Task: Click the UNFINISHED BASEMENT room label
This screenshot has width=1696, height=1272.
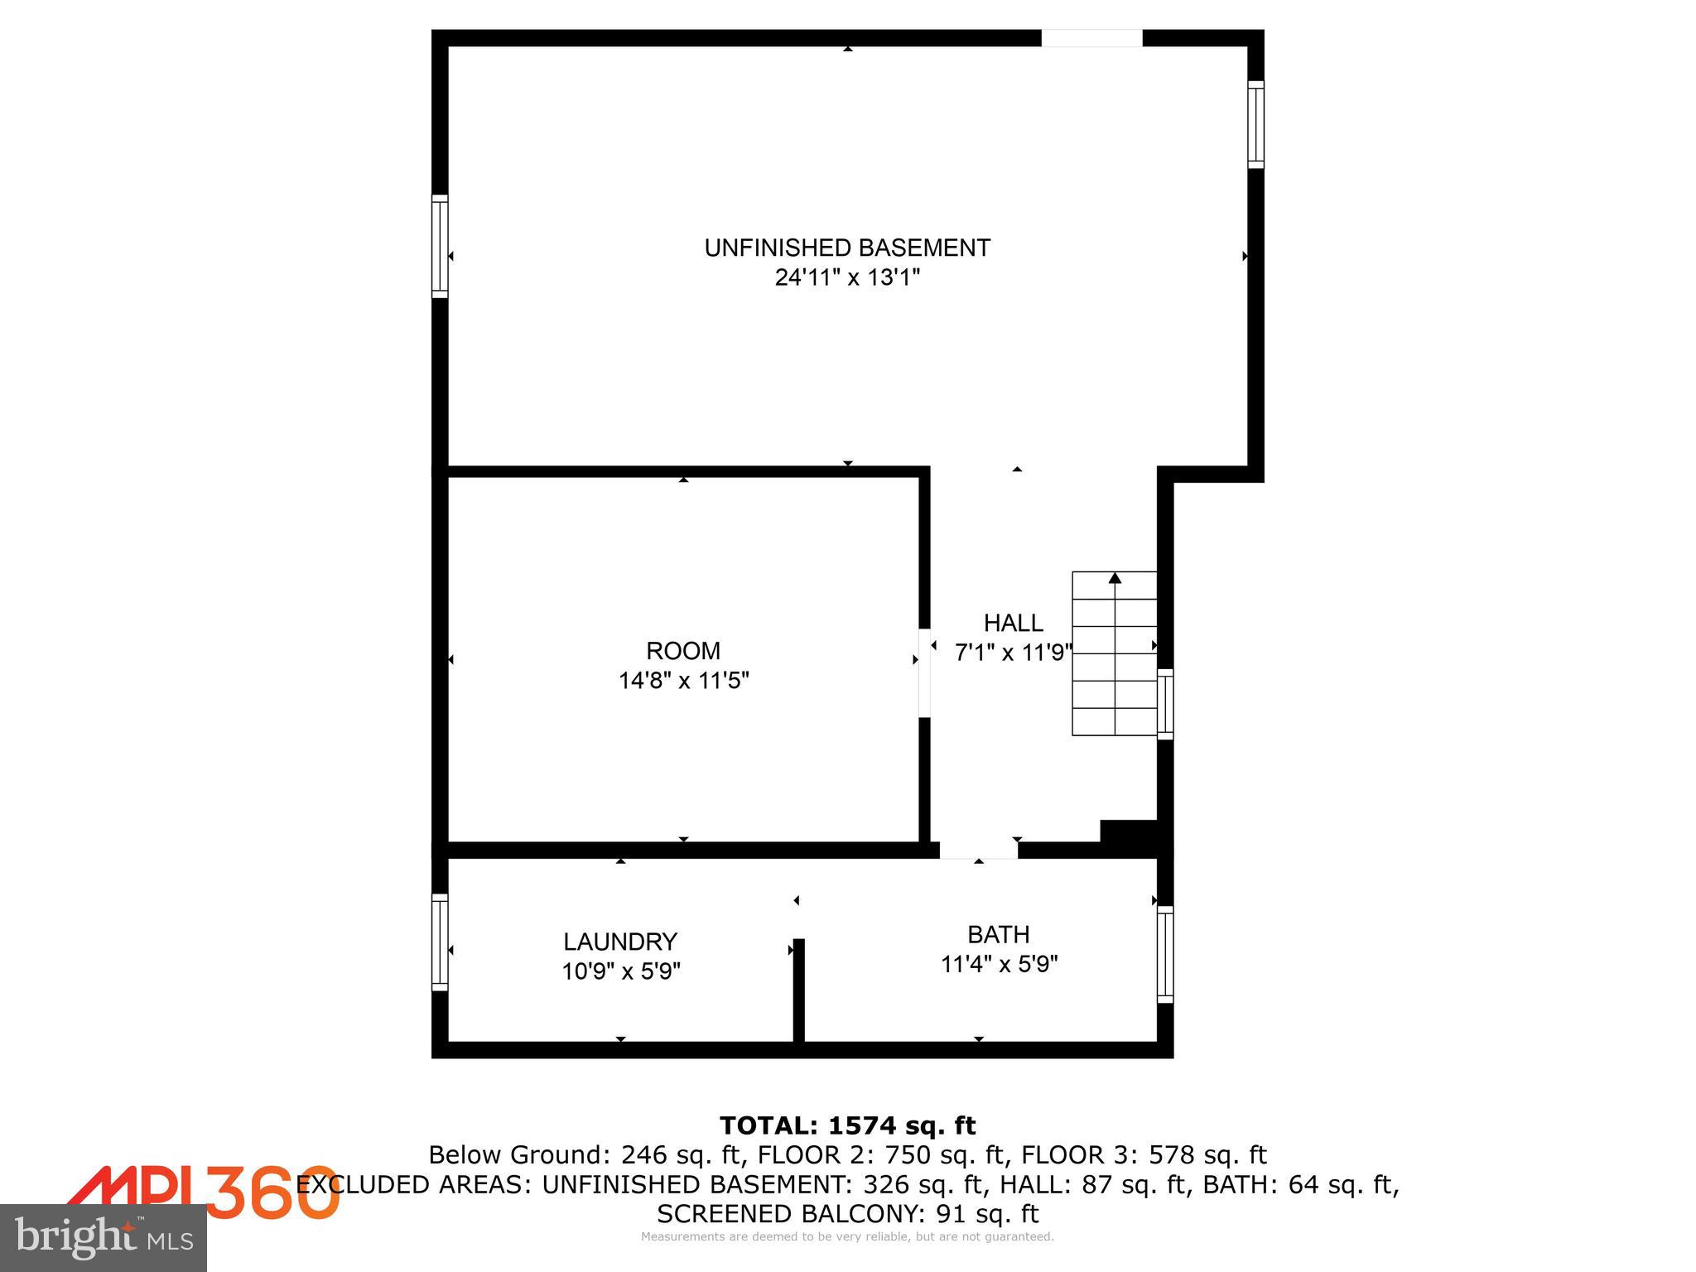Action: [847, 248]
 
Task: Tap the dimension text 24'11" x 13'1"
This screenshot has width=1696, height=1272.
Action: [847, 277]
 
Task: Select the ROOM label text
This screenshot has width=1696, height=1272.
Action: [683, 650]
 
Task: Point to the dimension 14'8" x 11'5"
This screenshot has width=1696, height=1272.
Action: [683, 681]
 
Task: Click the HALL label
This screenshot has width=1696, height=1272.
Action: [1013, 623]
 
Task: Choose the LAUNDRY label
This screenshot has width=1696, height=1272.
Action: [620, 942]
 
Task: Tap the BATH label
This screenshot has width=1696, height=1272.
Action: [999, 934]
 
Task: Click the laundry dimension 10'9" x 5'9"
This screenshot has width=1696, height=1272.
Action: [620, 971]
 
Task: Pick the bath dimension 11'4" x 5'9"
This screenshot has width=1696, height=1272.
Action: [999, 965]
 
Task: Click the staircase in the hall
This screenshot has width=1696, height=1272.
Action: [1114, 654]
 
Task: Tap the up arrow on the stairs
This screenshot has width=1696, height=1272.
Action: [1115, 578]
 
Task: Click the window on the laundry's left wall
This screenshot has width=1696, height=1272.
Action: [440, 942]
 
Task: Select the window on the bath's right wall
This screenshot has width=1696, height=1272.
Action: [1164, 954]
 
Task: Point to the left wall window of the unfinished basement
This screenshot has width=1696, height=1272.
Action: [440, 246]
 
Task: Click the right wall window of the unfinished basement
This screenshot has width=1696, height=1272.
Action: [1255, 124]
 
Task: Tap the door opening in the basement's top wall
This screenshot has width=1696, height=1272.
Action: [1091, 38]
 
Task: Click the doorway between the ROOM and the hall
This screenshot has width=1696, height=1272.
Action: [924, 672]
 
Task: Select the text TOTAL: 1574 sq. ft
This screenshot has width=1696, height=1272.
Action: [847, 1125]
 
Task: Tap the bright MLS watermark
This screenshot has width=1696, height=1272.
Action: [104, 1237]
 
